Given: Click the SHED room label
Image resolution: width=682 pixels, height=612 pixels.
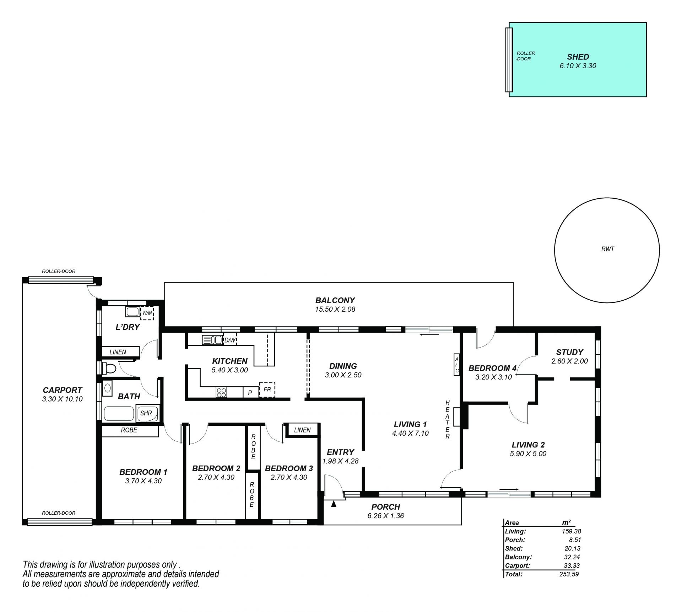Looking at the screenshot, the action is pos(578,57).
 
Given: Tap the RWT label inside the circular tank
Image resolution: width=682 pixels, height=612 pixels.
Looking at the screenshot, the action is pos(608,249).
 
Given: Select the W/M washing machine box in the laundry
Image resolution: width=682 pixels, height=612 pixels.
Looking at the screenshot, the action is pos(147,313).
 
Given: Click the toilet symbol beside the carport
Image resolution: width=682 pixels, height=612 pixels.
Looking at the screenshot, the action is pos(109,368).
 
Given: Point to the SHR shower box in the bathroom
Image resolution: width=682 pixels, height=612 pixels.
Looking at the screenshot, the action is pos(147,413).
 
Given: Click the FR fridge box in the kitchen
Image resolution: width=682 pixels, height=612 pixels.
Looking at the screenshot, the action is pos(267,390).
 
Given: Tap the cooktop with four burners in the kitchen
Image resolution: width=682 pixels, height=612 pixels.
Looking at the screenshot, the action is pos(221,392).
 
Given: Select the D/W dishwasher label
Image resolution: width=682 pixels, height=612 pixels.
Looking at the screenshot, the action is pos(230,340).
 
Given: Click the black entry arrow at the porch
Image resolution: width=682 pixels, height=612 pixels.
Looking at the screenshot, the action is pos(333,504).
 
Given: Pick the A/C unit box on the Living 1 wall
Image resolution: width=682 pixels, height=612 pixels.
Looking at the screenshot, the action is pos(457,365).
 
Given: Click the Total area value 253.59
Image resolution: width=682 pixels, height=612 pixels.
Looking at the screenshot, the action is pos(569,584).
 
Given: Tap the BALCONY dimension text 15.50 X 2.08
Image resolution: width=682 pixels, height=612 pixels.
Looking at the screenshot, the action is pos(335,309).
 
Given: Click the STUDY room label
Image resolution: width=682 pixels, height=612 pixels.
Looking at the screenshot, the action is pos(569,352).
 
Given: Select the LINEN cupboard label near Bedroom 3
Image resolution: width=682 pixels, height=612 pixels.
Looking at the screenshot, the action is pos(302,430).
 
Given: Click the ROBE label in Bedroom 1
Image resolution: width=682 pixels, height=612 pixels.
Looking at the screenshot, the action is pos(129,430).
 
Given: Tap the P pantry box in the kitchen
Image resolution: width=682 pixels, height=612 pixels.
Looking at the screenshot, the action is pos(250,393).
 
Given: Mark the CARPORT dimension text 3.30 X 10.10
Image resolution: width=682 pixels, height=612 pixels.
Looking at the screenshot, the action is pos(62,399).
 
